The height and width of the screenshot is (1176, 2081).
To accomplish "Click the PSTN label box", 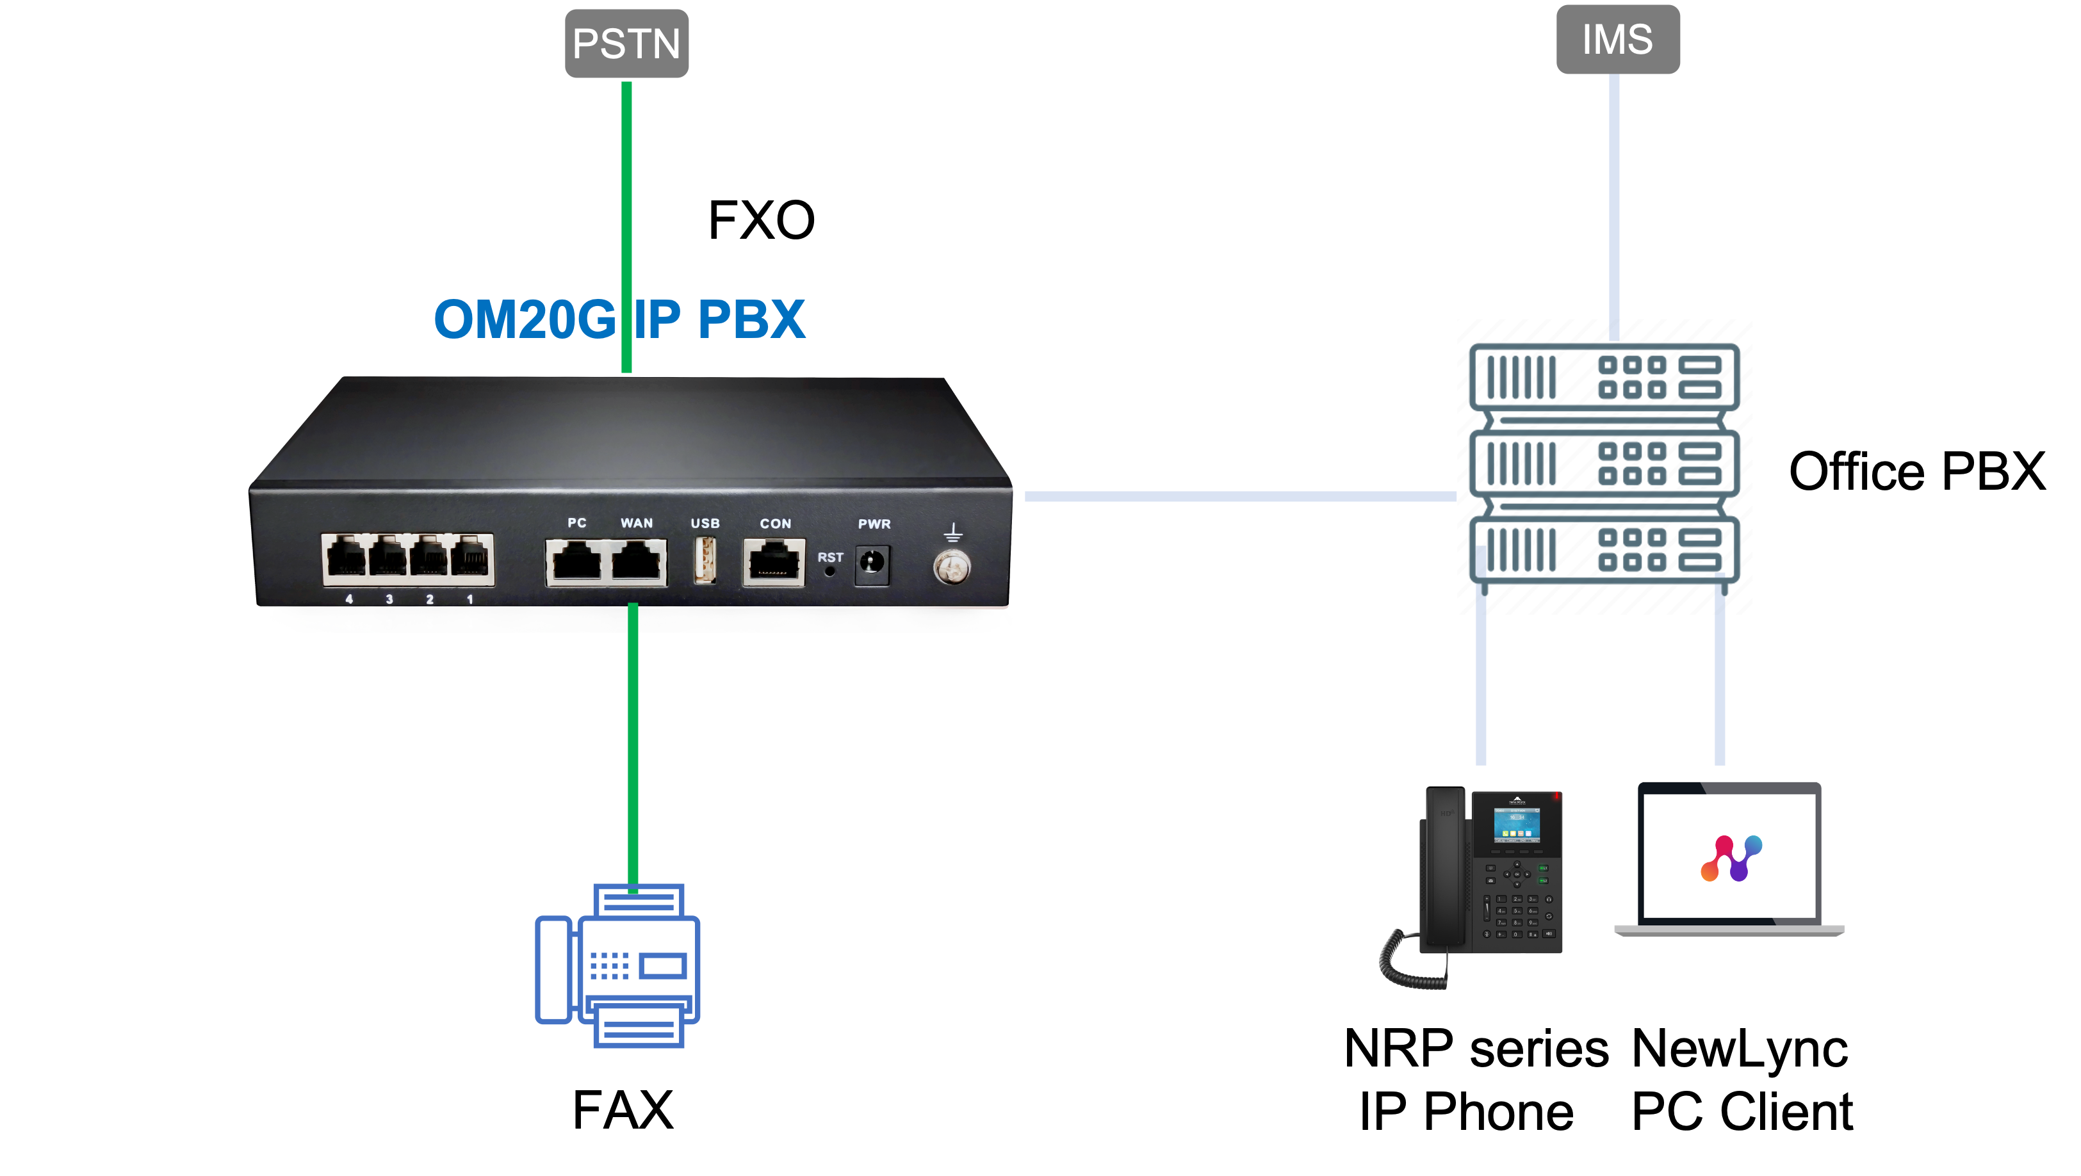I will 626,44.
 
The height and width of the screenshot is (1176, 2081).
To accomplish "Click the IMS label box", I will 1617,40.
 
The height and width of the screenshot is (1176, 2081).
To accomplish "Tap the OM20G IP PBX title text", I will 619,319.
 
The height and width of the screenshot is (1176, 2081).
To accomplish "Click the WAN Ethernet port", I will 637,561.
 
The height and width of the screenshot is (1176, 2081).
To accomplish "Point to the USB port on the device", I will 705,560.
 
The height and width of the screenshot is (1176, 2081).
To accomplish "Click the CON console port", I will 773,561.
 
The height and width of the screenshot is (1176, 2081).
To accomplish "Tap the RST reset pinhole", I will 829,572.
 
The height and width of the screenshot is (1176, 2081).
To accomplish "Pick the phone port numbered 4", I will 346,558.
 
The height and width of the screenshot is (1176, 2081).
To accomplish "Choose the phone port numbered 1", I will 471,558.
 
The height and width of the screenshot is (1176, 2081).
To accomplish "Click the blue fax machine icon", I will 619,965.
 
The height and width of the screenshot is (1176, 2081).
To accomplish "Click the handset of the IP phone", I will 1443,868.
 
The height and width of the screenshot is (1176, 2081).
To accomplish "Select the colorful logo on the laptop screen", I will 1731,858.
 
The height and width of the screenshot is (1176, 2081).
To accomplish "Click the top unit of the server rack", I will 1604,377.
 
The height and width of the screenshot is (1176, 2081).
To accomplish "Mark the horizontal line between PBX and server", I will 1240,497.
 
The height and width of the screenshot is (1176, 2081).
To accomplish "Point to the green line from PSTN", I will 626,202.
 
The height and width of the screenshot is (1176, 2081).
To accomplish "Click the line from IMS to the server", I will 1614,202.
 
